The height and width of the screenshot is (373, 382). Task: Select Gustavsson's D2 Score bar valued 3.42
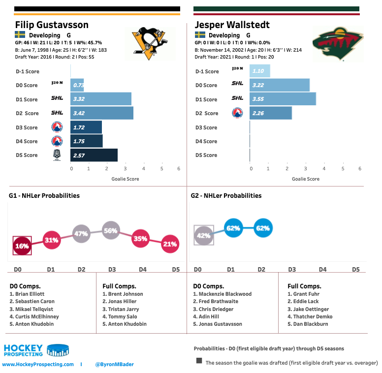click(102, 113)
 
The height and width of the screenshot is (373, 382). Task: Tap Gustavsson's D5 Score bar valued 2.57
click(94, 155)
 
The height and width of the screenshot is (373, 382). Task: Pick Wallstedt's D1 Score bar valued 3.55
click(283, 99)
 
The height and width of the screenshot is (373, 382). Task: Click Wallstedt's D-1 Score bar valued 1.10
click(260, 71)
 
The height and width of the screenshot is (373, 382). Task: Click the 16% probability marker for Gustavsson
click(22, 245)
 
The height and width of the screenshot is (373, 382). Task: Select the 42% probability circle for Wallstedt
click(204, 235)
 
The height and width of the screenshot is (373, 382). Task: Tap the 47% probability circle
click(81, 233)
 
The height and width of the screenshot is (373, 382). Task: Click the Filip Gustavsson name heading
click(52, 25)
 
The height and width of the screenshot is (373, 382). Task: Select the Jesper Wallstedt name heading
click(232, 25)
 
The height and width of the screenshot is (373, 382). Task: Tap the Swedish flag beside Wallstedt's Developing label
click(200, 35)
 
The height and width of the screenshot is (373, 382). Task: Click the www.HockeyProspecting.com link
click(38, 364)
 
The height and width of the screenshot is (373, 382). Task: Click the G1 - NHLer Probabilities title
click(44, 195)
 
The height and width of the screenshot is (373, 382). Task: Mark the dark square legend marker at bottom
click(199, 361)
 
